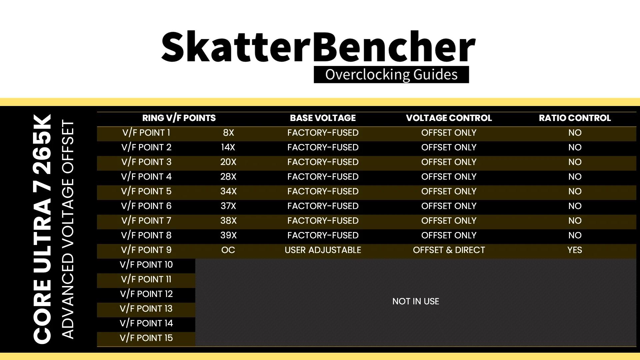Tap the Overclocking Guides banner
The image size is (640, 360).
click(x=391, y=74)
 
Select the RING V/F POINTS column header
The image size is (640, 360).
click(x=179, y=118)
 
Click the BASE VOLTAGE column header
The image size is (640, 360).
click(x=323, y=118)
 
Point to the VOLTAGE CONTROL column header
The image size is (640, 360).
click(x=449, y=118)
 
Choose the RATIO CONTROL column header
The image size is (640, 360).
click(x=575, y=118)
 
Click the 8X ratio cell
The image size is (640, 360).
click(x=228, y=133)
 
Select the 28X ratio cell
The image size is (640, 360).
click(x=228, y=177)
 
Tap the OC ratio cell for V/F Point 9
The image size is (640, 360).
click(x=228, y=250)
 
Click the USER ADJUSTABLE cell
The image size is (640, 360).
click(x=323, y=250)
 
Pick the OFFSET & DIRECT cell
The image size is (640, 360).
click(x=449, y=250)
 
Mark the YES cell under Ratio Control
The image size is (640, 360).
click(x=575, y=250)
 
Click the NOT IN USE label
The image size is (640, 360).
click(x=416, y=301)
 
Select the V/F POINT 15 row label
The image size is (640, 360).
click(x=146, y=338)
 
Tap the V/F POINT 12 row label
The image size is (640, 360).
click(x=146, y=294)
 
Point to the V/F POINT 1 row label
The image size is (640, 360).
click(x=146, y=133)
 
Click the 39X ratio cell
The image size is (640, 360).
click(x=228, y=235)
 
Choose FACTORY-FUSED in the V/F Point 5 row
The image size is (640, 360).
click(x=323, y=191)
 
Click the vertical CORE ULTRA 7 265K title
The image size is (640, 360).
click(x=42, y=229)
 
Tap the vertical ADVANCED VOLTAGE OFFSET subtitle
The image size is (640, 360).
click(x=68, y=230)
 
